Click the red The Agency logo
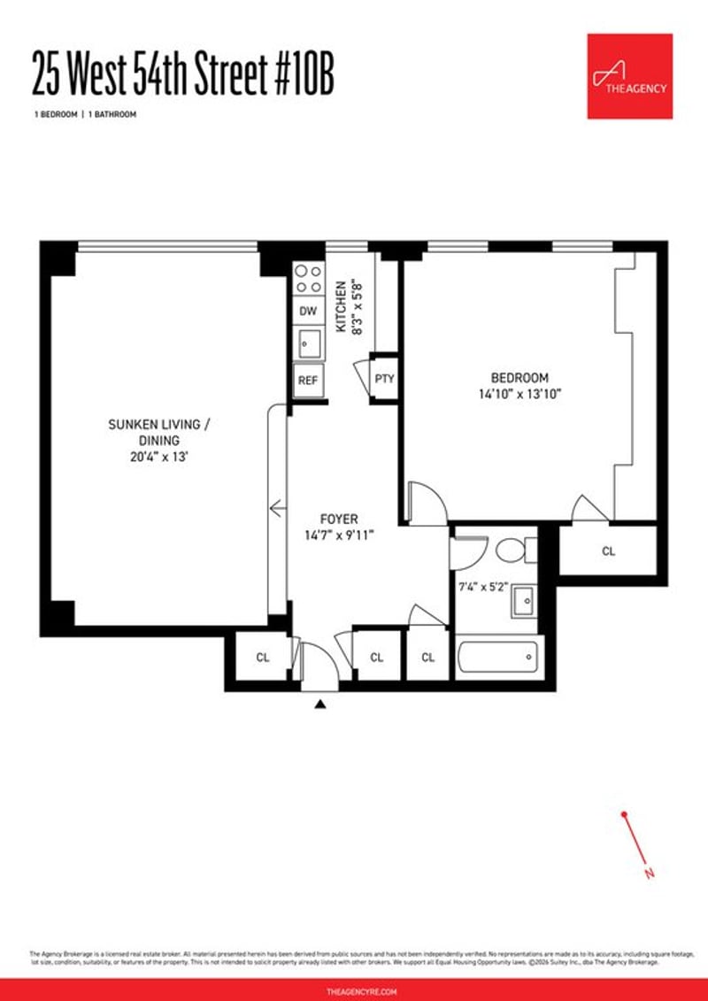[629, 75]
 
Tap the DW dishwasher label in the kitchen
[308, 311]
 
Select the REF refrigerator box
[308, 380]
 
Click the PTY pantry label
[383, 379]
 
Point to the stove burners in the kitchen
[308, 280]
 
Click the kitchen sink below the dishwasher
[308, 342]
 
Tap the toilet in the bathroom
[513, 551]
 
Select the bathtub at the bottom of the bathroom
[497, 658]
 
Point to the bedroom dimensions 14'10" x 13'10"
[521, 394]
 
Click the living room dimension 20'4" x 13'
[158, 457]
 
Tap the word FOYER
[339, 519]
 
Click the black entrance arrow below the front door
[321, 705]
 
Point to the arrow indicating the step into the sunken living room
[277, 508]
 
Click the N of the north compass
[650, 874]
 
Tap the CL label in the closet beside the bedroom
[608, 551]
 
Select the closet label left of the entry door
[263, 658]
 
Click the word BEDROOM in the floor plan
[521, 377]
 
